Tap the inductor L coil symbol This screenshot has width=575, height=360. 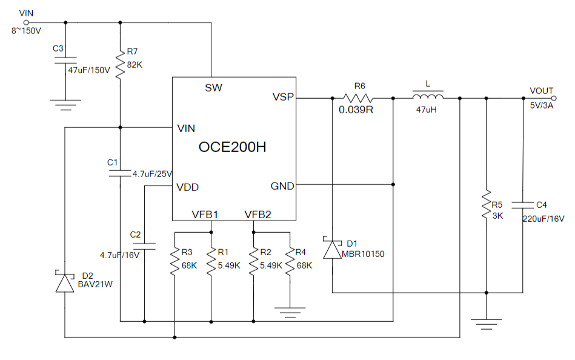point(428,97)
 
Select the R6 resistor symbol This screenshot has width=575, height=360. point(358,97)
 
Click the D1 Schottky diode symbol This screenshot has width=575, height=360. point(333,249)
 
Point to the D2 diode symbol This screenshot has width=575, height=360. point(65,283)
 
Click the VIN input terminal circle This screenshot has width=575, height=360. point(25,22)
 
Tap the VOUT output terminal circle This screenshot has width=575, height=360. point(553,98)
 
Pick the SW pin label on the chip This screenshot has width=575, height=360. point(213,88)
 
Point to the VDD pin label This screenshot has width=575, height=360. point(187,187)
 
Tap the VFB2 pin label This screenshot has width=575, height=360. point(258,214)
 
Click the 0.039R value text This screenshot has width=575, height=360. point(356,110)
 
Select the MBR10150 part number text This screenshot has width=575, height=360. point(364,254)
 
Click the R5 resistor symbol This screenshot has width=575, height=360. point(486,205)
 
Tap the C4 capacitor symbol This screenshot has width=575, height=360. point(522,205)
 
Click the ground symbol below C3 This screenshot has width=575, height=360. point(65,104)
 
